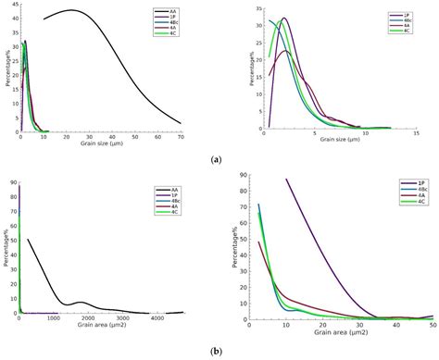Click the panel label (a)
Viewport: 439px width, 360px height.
(x=217, y=159)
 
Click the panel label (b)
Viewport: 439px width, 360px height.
(x=217, y=351)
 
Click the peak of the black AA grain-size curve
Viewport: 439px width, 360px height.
(x=70, y=10)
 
